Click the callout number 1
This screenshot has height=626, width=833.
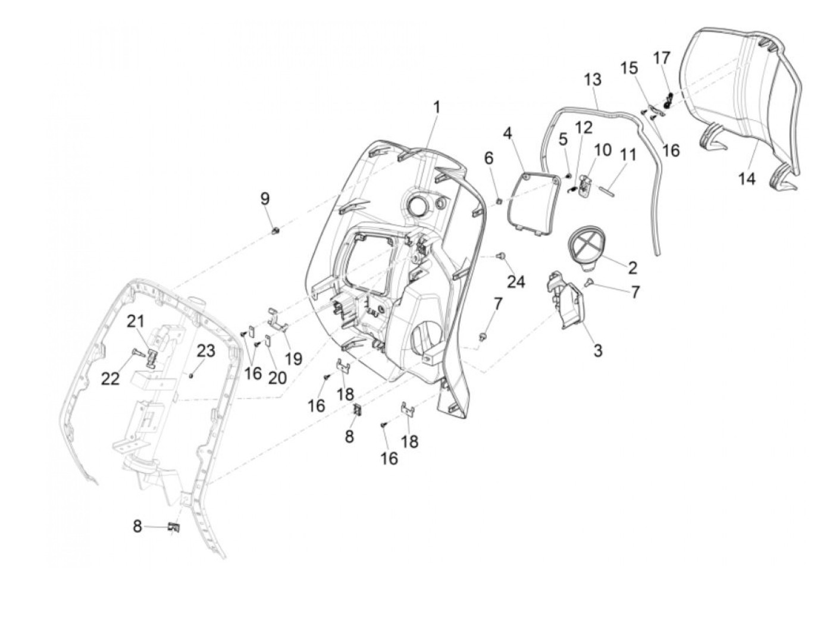click(437, 108)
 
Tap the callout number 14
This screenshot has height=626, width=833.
click(747, 177)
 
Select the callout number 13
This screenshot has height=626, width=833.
click(593, 79)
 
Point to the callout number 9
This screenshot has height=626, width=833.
click(265, 199)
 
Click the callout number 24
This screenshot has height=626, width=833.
click(516, 281)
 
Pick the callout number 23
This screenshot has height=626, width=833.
click(206, 351)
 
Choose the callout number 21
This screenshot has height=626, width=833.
click(136, 322)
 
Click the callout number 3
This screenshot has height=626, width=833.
click(597, 350)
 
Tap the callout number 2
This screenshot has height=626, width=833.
click(632, 267)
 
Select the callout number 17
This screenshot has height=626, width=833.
click(662, 58)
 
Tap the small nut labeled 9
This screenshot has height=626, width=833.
click(275, 230)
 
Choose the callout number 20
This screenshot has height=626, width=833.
click(277, 377)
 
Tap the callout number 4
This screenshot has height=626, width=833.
click(508, 132)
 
